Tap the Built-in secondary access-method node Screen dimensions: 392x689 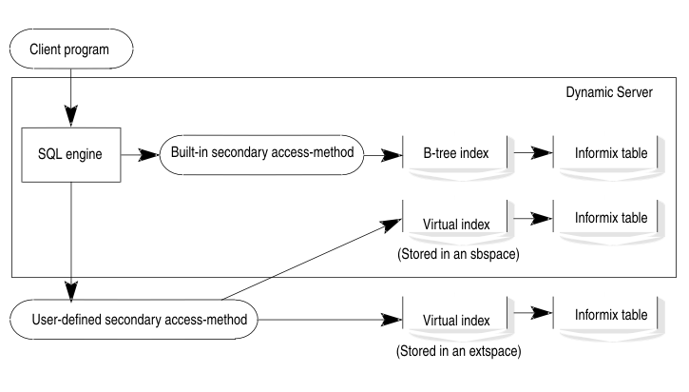[x=262, y=152]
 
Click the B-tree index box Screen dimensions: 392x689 [x=456, y=152]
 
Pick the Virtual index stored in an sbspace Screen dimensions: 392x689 [x=456, y=225]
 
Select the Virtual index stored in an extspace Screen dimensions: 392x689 [x=456, y=321]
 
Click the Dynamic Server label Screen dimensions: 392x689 [x=609, y=92]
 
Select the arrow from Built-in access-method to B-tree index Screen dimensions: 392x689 [x=382, y=152]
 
